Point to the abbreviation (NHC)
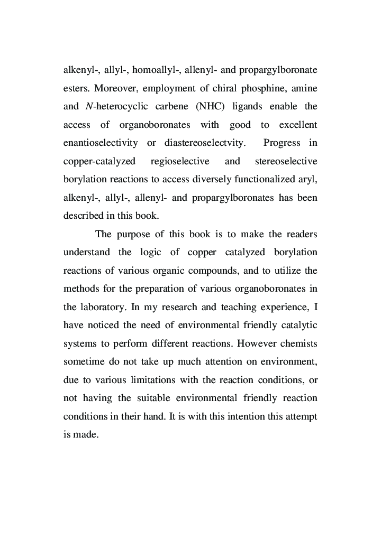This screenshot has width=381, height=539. click(x=210, y=106)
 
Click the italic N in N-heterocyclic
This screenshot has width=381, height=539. click(x=88, y=106)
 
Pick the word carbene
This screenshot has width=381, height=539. click(x=168, y=106)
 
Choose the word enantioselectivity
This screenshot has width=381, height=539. click(x=101, y=143)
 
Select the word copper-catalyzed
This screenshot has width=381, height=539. click(x=99, y=161)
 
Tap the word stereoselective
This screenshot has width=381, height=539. click(x=286, y=161)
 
